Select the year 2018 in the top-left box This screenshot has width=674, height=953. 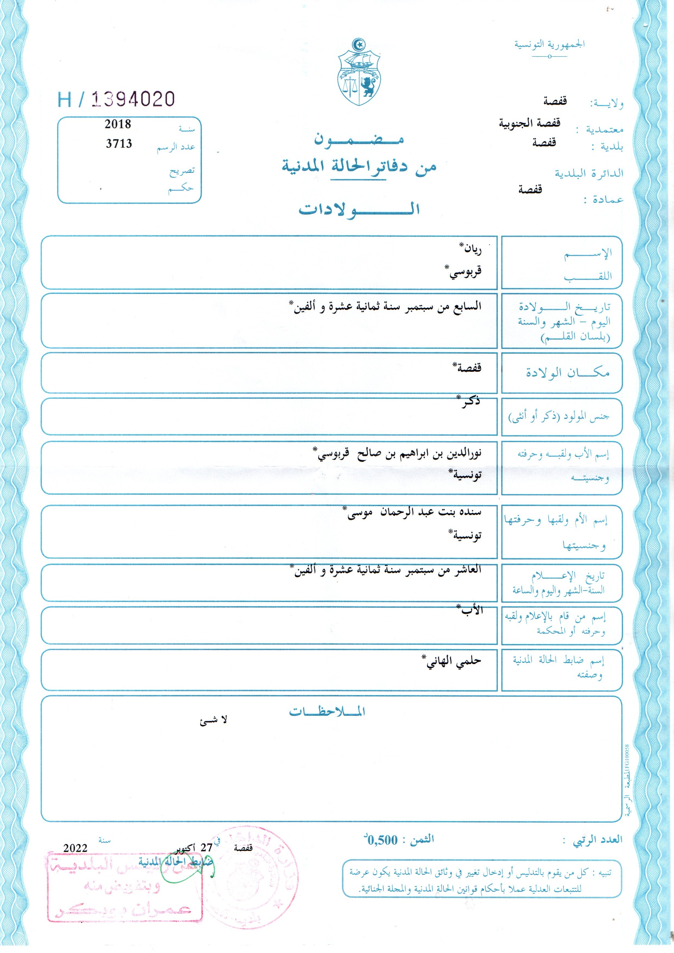pyautogui.click(x=118, y=124)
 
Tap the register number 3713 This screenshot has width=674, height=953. pyautogui.click(x=119, y=144)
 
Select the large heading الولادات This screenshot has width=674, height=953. pyautogui.click(x=359, y=209)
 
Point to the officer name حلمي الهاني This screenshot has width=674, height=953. pyautogui.click(x=452, y=661)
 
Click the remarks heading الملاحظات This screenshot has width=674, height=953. pyautogui.click(x=327, y=711)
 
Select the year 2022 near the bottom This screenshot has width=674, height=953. pyautogui.click(x=75, y=848)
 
